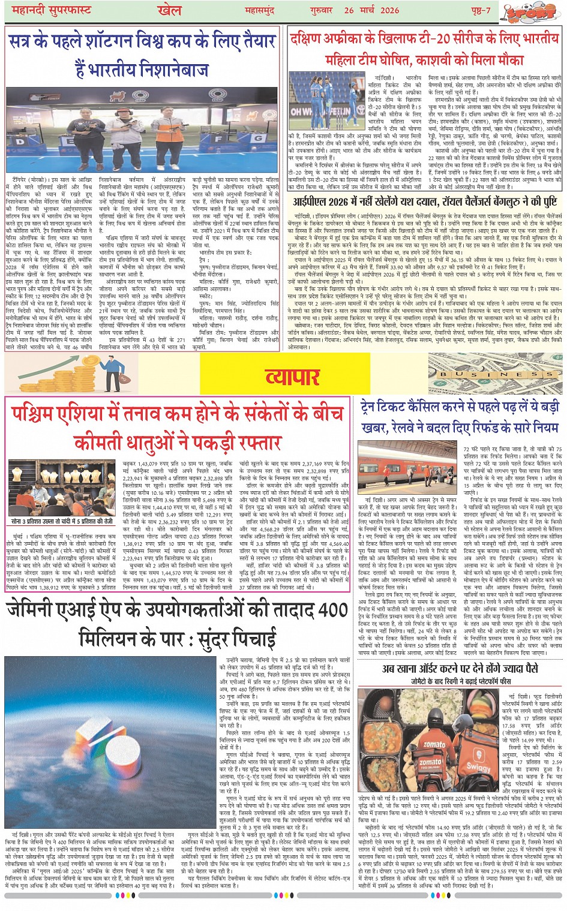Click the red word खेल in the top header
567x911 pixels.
click(x=169, y=10)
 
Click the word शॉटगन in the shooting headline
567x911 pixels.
click(x=112, y=42)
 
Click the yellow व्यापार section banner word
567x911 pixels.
click(x=292, y=377)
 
